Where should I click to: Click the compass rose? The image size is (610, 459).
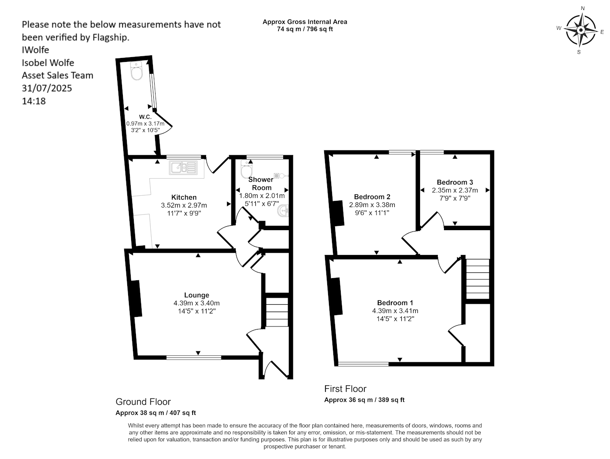(580, 30)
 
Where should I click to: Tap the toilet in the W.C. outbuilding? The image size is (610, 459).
(136, 71)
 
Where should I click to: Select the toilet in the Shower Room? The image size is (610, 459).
(247, 169)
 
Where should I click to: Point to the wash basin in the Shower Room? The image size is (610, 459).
(283, 211)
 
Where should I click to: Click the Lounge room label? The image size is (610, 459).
(197, 295)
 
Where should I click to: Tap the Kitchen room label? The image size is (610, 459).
(184, 197)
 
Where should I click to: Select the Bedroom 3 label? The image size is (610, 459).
(454, 182)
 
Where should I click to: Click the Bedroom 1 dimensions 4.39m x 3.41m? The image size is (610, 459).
(395, 311)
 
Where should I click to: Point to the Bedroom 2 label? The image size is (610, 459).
(372, 197)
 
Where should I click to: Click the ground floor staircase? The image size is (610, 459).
(277, 312)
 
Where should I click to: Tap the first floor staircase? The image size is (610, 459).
(478, 279)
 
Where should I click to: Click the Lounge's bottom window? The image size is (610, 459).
(194, 357)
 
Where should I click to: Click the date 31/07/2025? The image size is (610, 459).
(47, 88)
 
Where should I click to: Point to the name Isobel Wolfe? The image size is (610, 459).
(48, 63)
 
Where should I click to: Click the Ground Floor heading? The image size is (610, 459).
(143, 402)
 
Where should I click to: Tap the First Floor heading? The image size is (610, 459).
(345, 389)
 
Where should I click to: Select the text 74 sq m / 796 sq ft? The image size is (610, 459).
(305, 29)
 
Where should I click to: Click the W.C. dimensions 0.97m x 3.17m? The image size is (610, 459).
(146, 123)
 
